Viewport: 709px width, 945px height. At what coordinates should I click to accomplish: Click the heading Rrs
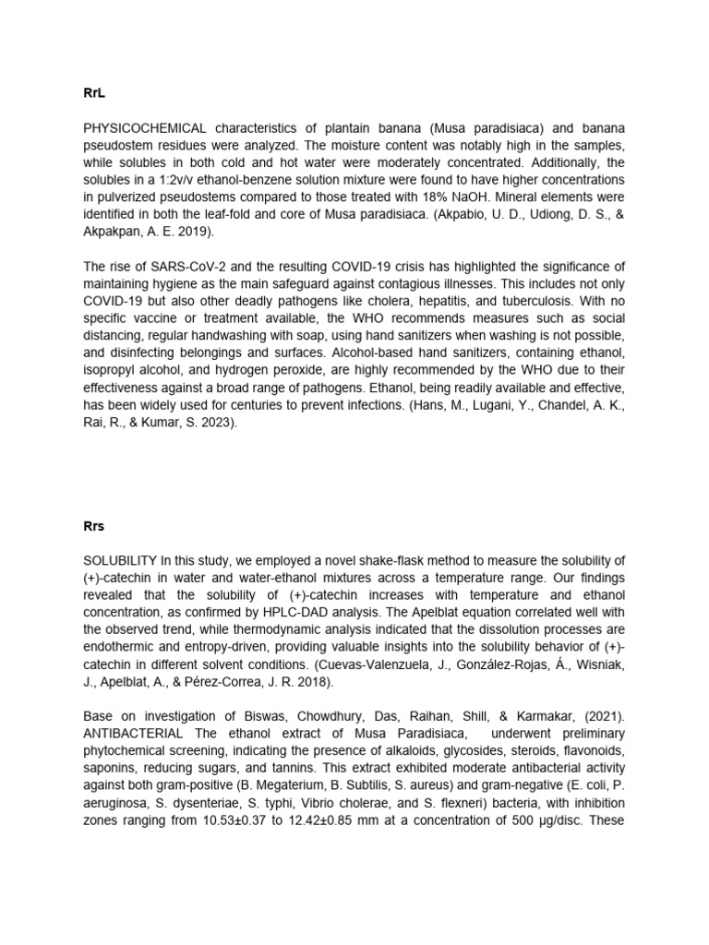click(94, 528)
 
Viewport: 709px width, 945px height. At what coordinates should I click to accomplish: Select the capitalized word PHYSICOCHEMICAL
click(144, 127)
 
